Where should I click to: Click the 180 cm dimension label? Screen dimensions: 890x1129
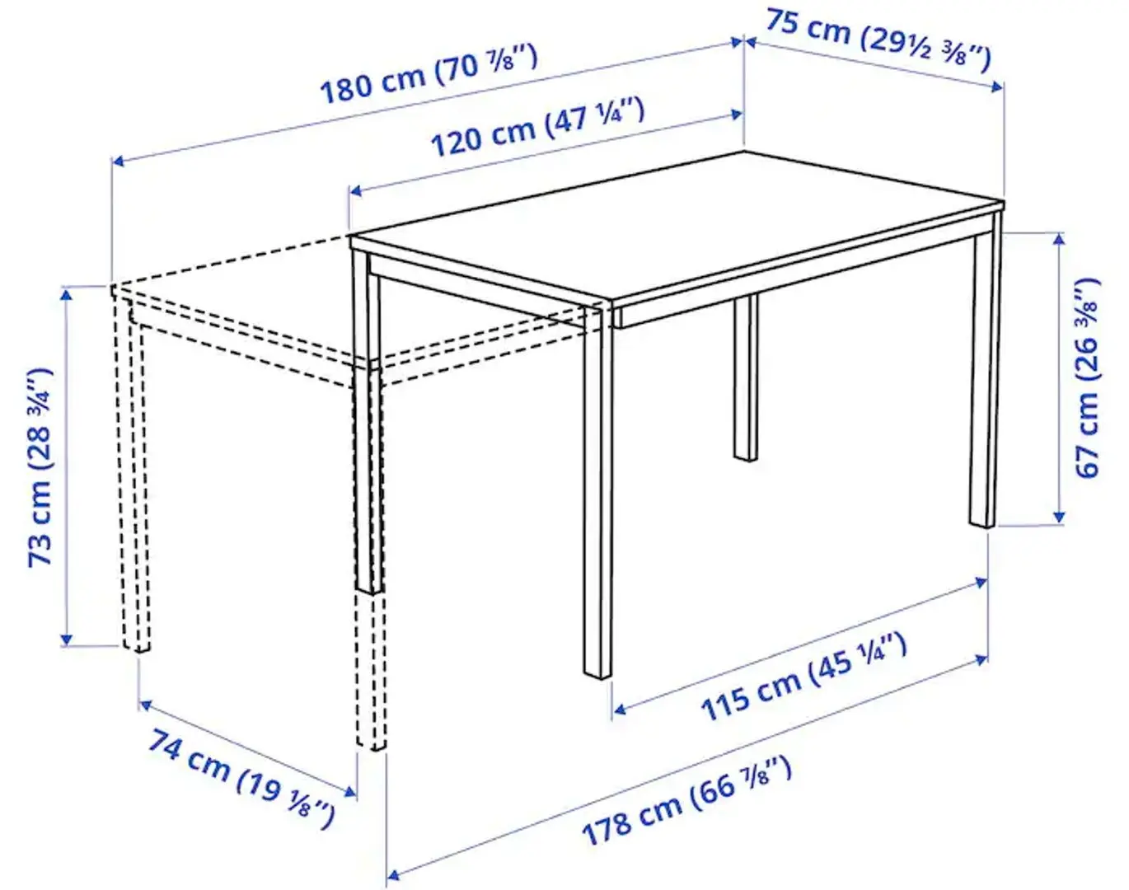point(429,74)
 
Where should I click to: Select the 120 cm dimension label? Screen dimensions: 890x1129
point(537,127)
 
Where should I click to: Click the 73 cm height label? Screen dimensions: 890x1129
point(40,466)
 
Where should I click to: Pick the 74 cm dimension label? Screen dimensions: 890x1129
point(241,777)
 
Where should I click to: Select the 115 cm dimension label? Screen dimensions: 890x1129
point(803,677)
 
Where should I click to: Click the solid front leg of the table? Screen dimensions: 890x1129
point(598,494)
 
